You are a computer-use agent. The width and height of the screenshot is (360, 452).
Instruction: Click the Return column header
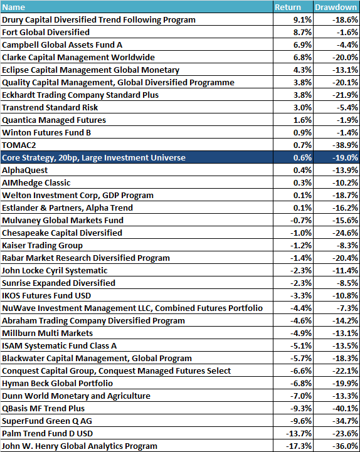click(288, 7)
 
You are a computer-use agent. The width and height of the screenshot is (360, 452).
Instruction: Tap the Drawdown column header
click(336, 7)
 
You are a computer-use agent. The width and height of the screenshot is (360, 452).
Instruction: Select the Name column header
click(14, 7)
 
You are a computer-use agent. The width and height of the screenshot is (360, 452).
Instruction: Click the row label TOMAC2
click(19, 145)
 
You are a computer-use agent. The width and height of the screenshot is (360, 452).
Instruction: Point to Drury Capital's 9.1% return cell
click(302, 19)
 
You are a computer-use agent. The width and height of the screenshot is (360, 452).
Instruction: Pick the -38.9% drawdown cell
click(345, 145)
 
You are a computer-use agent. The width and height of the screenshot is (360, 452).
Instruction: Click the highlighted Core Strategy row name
click(93, 158)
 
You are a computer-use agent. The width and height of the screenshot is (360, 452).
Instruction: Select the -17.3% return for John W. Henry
click(299, 446)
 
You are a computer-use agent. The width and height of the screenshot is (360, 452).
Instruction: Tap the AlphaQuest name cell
click(25, 171)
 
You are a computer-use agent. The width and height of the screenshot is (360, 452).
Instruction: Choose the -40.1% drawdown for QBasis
click(345, 409)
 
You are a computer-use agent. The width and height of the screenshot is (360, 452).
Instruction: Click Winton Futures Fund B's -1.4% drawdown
click(347, 133)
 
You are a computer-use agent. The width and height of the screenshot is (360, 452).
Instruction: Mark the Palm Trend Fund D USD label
click(47, 434)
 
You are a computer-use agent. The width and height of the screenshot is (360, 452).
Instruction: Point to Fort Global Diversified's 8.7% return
click(302, 33)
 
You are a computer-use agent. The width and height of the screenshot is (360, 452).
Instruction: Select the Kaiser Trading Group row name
click(43, 246)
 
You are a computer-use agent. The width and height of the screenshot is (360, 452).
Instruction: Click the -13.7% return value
click(299, 434)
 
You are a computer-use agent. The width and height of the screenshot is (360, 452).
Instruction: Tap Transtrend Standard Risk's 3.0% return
click(302, 108)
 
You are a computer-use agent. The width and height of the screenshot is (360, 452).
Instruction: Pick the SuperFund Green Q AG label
click(47, 421)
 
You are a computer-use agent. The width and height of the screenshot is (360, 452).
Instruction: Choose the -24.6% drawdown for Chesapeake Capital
click(345, 233)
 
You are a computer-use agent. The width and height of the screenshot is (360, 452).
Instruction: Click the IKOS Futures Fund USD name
click(46, 296)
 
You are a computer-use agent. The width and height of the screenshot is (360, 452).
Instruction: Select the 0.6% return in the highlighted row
click(302, 158)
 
